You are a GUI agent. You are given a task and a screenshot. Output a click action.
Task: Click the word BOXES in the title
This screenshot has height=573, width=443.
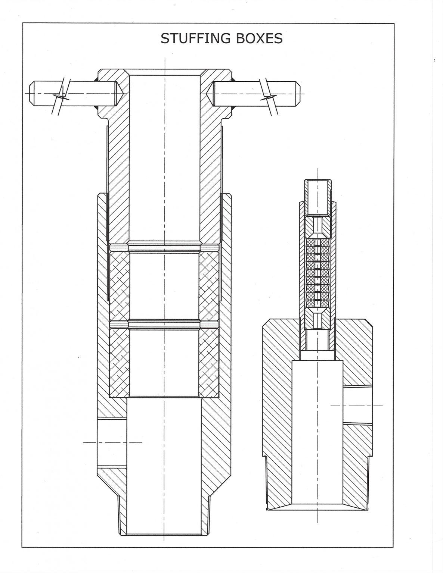(259, 38)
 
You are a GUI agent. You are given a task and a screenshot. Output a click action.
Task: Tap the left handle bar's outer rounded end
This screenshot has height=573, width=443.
(32, 93)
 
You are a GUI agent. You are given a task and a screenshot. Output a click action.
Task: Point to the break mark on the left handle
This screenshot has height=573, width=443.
(61, 97)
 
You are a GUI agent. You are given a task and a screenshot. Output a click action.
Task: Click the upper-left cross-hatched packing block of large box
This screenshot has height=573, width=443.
(119, 286)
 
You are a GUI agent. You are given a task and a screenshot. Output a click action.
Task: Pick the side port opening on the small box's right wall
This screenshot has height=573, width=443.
(358, 405)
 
